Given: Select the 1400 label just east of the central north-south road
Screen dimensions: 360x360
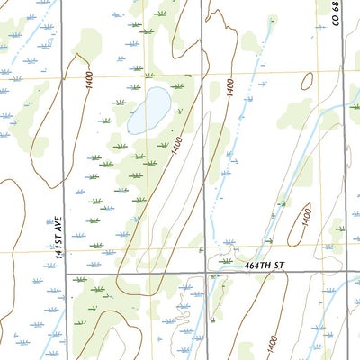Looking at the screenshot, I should coord(230,89).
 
